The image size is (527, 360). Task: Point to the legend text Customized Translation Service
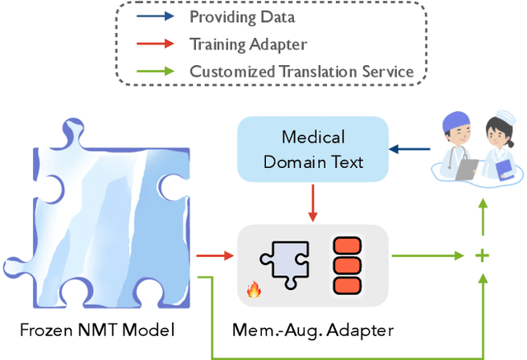pyautogui.click(x=301, y=71)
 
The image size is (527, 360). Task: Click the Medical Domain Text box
pyautogui.click(x=313, y=148)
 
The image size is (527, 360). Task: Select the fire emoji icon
pyautogui.click(x=253, y=289)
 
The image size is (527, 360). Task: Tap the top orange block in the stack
pyautogui.click(x=347, y=245)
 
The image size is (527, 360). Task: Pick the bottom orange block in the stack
pyautogui.click(x=347, y=285)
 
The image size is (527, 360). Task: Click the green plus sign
pyautogui.click(x=482, y=256)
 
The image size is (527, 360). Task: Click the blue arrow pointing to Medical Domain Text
pyautogui.click(x=406, y=149)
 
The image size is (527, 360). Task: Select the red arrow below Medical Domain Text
pyautogui.click(x=313, y=203)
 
